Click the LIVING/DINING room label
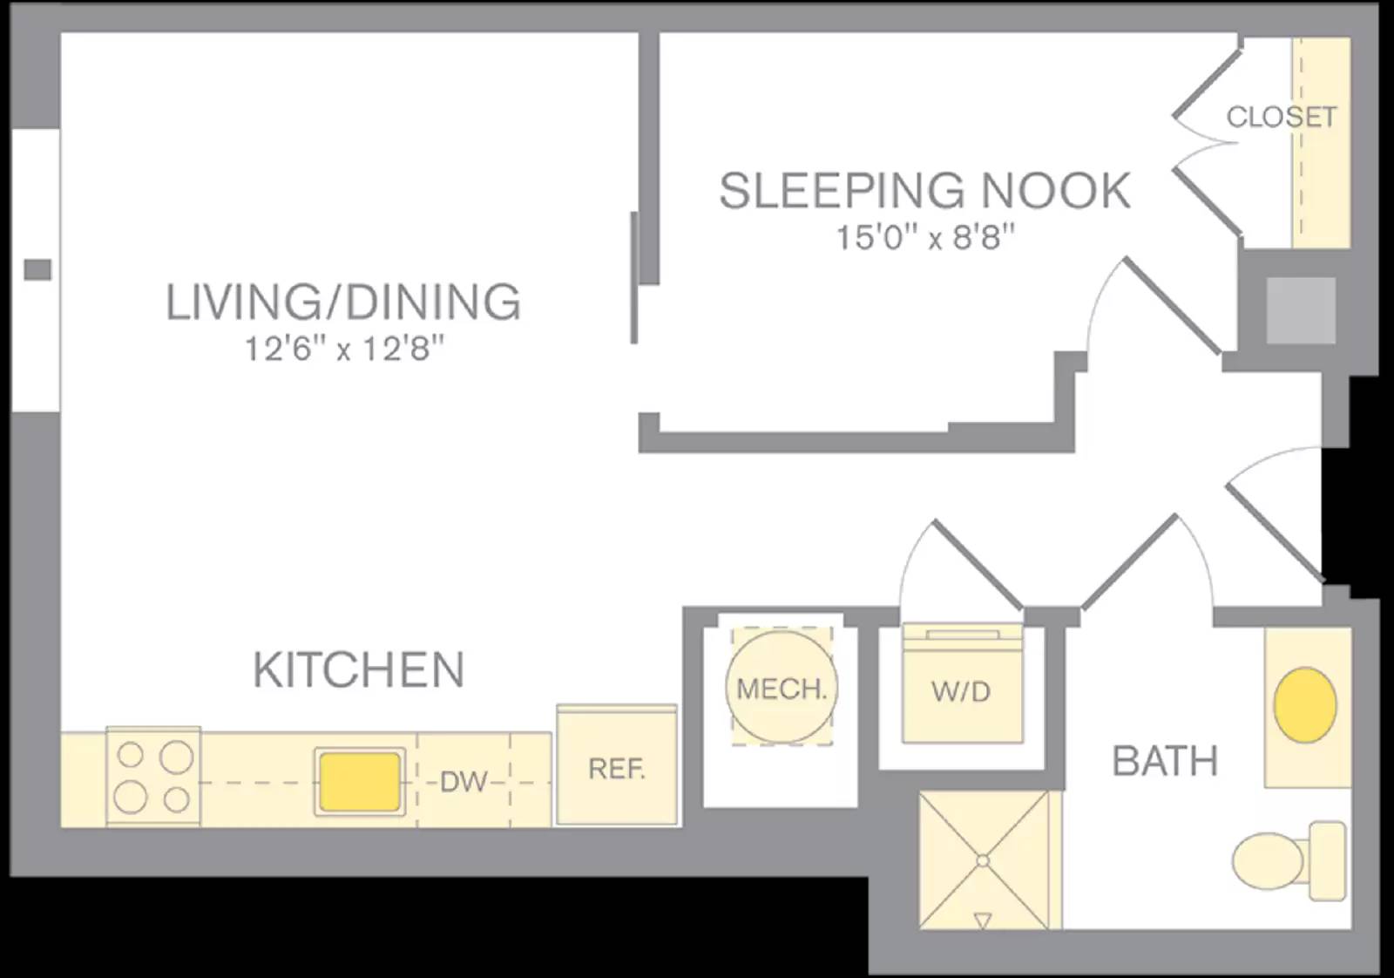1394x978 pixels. coord(343,302)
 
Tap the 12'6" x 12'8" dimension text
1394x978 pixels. coord(343,350)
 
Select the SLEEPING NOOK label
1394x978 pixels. coord(924,191)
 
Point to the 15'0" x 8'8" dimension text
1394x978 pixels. coord(925,236)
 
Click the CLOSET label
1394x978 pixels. coord(1281,117)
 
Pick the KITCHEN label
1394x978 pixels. coord(358,669)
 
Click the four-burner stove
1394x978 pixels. coord(153,777)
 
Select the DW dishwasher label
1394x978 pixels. coord(463,782)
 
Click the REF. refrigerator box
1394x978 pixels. coord(617,767)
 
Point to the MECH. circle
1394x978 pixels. coord(781,688)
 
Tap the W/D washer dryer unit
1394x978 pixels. coord(961,690)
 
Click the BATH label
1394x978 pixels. coord(1165,761)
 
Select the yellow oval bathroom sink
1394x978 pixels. coord(1305,704)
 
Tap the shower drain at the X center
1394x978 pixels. coord(983,860)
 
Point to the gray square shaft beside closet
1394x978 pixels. coord(1300,310)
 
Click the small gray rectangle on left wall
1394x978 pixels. coord(37,269)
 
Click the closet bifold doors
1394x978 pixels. coord(1207,140)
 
